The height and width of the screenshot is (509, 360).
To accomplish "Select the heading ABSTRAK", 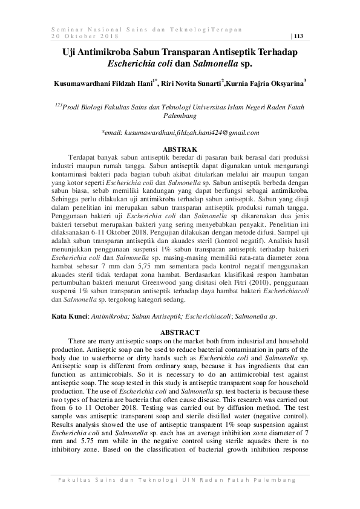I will tap(180, 148).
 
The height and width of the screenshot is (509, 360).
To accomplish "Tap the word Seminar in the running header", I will tap(67, 28).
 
